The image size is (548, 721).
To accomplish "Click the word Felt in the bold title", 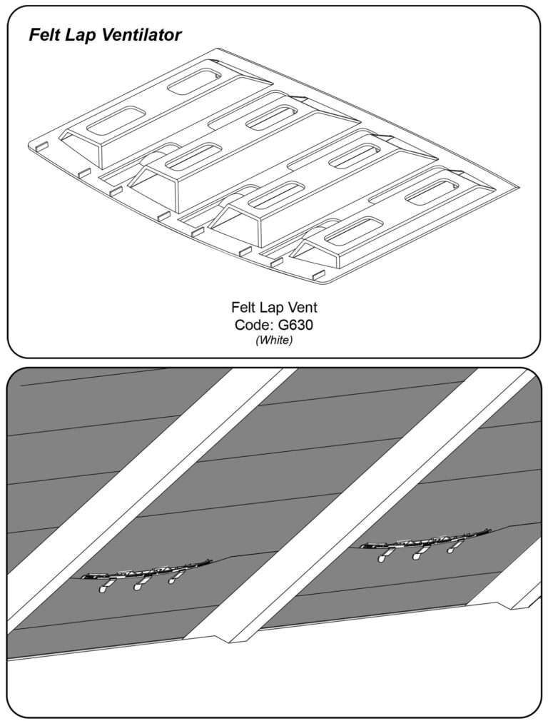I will pos(45,36).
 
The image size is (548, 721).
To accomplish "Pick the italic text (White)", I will pos(274,341).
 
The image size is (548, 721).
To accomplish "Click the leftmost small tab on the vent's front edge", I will pos(42,146).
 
